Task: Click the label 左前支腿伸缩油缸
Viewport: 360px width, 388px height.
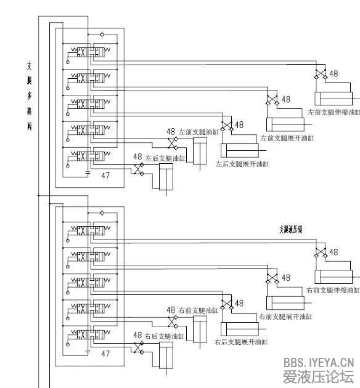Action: pos(333,113)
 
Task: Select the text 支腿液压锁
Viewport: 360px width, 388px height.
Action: pos(291,229)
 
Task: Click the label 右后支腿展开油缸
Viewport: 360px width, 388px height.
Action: pos(240,341)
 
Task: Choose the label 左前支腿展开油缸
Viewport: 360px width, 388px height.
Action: pos(287,138)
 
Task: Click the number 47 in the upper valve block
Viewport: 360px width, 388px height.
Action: pos(105,176)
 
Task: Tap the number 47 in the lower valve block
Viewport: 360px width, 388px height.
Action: pos(105,354)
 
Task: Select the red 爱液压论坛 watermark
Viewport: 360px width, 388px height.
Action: pos(318,377)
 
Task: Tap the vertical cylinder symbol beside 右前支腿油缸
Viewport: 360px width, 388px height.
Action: pos(199,329)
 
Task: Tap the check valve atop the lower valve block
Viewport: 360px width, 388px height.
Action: pos(102,211)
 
